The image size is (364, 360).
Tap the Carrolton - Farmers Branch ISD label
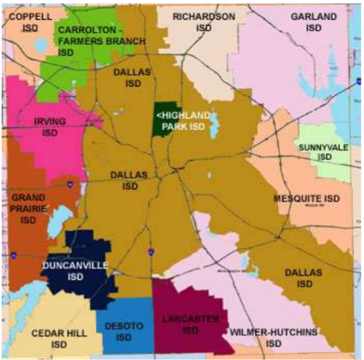101,41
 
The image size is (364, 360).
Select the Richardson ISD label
203,22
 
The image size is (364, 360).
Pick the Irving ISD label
50,127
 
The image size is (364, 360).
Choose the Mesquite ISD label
306,198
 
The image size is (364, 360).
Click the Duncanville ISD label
75,270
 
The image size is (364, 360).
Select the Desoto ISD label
124,331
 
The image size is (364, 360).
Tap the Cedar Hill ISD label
59,338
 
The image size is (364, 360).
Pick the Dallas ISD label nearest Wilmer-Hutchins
302,278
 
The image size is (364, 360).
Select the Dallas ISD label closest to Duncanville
128,180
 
